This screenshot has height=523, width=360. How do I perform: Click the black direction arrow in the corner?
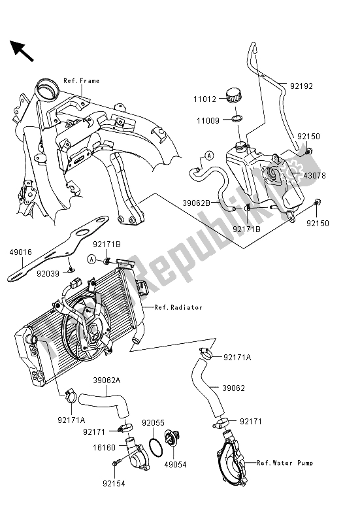point(22,51)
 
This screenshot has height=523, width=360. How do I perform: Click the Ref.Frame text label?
point(82,81)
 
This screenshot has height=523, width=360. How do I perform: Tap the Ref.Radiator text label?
point(178,307)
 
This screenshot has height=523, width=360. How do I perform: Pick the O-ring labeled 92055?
point(156,447)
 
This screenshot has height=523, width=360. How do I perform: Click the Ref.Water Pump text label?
point(284,464)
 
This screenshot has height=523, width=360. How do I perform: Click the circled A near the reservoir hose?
point(191,156)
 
